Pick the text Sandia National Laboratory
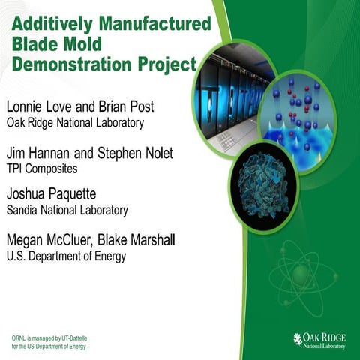point(67,211)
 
